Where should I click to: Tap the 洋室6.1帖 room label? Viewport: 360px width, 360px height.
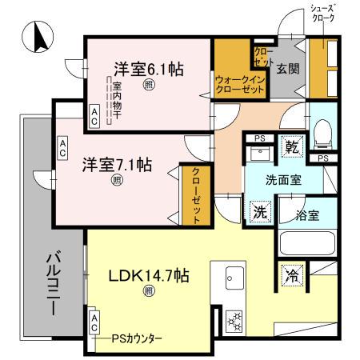point(148,69)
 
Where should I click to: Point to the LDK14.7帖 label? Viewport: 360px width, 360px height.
point(148,276)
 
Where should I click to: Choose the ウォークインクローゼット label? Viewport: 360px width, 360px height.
point(239,84)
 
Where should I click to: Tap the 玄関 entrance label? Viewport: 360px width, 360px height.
point(288,69)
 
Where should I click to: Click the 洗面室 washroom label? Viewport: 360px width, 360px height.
point(284,180)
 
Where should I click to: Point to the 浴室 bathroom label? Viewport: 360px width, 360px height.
point(306,214)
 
